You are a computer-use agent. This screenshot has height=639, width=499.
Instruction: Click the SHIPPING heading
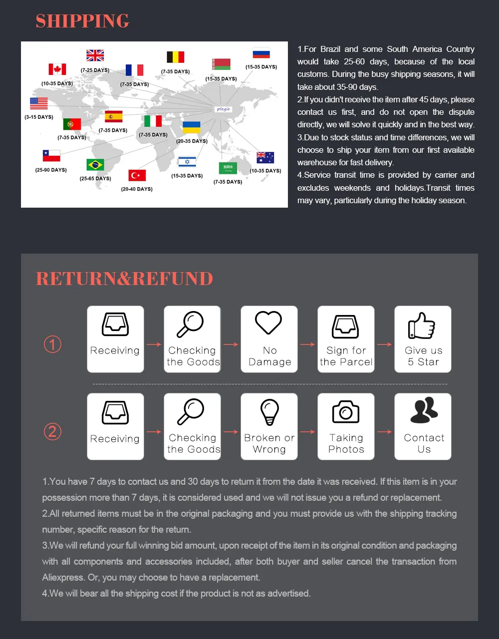click(82, 21)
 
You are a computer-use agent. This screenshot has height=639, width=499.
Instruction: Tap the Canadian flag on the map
click(57, 69)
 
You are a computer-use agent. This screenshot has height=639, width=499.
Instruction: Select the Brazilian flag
click(95, 164)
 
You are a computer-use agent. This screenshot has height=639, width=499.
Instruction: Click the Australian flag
click(265, 157)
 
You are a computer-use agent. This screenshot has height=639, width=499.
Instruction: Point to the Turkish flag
click(137, 175)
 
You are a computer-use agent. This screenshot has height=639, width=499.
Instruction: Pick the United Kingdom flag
click(95, 55)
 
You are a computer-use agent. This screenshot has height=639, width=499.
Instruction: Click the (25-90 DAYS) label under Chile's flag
click(51, 170)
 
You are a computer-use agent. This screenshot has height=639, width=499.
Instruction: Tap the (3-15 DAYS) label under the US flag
click(38, 117)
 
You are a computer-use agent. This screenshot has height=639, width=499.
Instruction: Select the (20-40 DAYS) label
click(137, 189)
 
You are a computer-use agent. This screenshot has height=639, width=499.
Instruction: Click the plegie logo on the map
click(223, 109)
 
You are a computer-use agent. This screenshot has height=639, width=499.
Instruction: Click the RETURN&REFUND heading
click(124, 279)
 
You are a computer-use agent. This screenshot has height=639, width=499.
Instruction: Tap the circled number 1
click(53, 344)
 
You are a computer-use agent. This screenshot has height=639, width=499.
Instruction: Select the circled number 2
click(53, 431)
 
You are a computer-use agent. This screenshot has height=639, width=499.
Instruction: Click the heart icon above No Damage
click(268, 323)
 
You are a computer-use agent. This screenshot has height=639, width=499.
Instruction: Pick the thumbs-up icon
click(422, 325)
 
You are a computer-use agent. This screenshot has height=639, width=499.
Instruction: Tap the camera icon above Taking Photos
click(346, 412)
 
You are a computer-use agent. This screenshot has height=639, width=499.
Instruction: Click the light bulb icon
click(269, 412)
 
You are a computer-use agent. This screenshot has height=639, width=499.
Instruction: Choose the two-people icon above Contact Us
click(424, 411)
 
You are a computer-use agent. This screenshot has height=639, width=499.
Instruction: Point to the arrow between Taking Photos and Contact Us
click(384, 432)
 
